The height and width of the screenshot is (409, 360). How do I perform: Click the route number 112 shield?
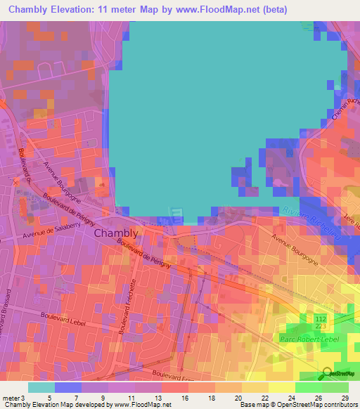[321, 318]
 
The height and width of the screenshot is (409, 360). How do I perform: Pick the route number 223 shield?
[321, 327]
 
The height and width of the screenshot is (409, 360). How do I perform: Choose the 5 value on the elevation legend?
[49, 397]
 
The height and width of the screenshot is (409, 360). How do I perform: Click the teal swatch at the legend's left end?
[41, 387]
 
